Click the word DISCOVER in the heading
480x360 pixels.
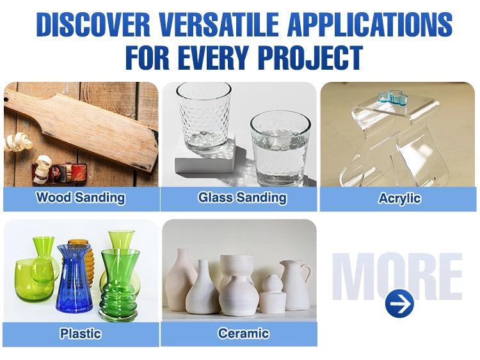[93, 25]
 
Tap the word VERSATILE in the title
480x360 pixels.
[219, 25]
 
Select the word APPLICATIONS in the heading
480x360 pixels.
[370, 25]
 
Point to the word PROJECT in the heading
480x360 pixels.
[310, 58]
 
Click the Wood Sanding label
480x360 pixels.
[81, 198]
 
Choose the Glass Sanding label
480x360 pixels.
[242, 198]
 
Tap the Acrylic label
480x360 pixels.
[399, 198]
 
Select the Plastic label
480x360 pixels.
[80, 333]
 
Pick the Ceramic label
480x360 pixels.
[243, 333]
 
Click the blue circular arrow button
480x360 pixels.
[399, 304]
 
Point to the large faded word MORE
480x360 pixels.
[397, 276]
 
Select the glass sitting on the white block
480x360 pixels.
[204, 118]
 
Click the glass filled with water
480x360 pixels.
[280, 148]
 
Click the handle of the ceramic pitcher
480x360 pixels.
[307, 273]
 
